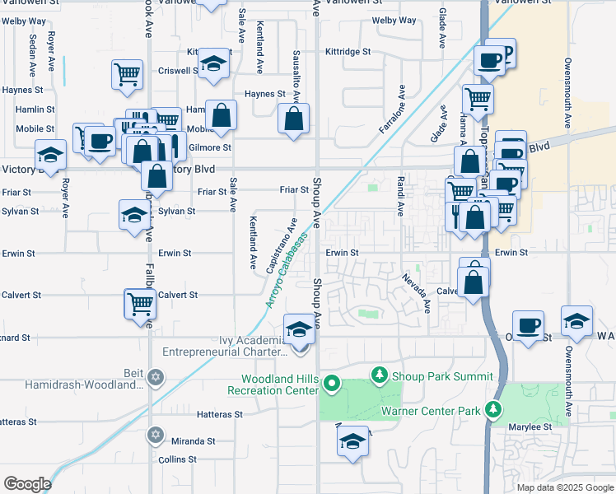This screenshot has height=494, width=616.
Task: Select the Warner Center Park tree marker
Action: tap(493, 409)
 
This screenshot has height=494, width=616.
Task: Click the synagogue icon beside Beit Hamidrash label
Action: tap(156, 379)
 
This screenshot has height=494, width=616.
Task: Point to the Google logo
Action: tap(27, 484)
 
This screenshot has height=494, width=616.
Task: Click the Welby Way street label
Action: tap(394, 20)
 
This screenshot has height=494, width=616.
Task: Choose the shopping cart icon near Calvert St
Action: tap(140, 303)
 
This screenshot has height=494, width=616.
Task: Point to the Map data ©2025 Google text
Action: tap(565, 487)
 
